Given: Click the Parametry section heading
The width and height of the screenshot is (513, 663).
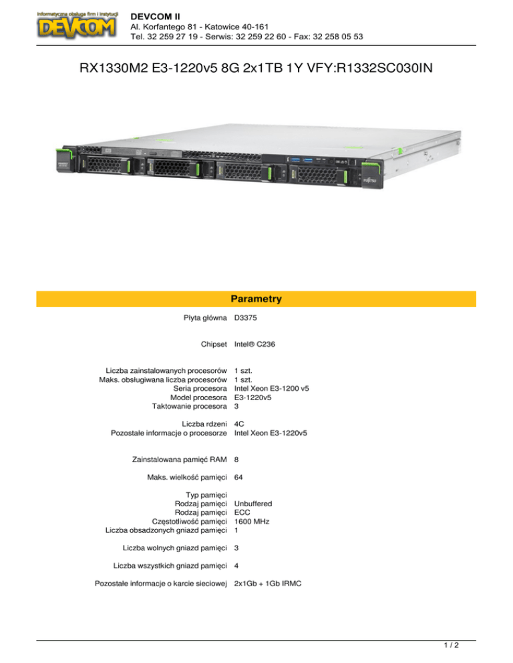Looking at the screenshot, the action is pos(256,299).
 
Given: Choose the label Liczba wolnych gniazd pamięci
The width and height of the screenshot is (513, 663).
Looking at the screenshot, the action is pos(175,548).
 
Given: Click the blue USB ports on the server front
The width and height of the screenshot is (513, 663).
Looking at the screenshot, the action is pos(301,160).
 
